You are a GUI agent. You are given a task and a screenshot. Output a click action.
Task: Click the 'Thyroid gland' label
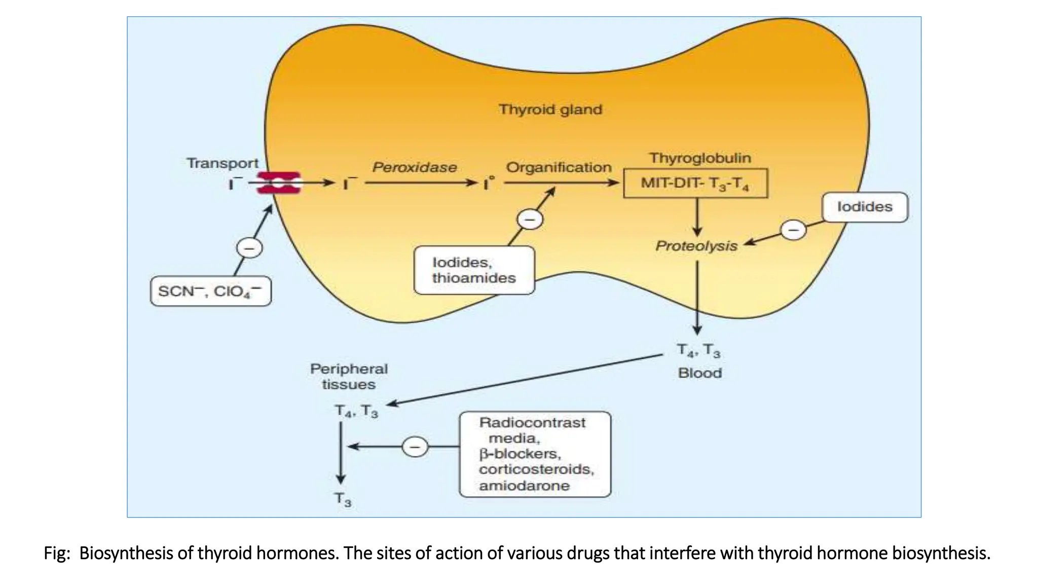click(550, 109)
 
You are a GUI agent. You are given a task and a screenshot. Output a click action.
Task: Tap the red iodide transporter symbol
click(279, 183)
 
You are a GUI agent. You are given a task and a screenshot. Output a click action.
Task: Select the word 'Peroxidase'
click(415, 167)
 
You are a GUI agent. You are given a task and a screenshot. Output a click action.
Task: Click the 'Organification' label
click(559, 167)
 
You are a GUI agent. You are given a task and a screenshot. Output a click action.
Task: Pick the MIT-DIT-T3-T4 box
click(695, 183)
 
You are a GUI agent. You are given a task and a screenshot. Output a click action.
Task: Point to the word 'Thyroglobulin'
click(700, 158)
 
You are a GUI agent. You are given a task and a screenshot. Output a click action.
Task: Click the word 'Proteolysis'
click(696, 246)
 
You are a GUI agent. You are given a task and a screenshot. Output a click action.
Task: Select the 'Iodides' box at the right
click(865, 207)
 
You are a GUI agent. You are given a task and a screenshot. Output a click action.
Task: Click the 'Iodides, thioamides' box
click(474, 270)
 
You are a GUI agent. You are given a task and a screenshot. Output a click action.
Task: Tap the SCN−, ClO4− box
click(210, 291)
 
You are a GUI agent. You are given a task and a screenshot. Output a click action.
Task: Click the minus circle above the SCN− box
click(249, 248)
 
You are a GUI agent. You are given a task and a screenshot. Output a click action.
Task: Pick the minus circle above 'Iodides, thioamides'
click(530, 220)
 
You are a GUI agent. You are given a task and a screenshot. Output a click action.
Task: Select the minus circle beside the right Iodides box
click(793, 231)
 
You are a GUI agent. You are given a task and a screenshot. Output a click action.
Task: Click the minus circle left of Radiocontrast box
click(415, 447)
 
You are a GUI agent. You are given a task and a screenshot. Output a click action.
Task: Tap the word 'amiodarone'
click(524, 486)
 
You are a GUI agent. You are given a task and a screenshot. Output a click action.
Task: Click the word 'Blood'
click(699, 373)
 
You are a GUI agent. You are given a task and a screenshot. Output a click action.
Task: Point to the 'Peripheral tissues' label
click(349, 376)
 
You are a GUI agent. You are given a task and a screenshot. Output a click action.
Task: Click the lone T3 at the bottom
click(343, 500)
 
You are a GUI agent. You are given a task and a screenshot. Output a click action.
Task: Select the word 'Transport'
click(223, 163)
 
